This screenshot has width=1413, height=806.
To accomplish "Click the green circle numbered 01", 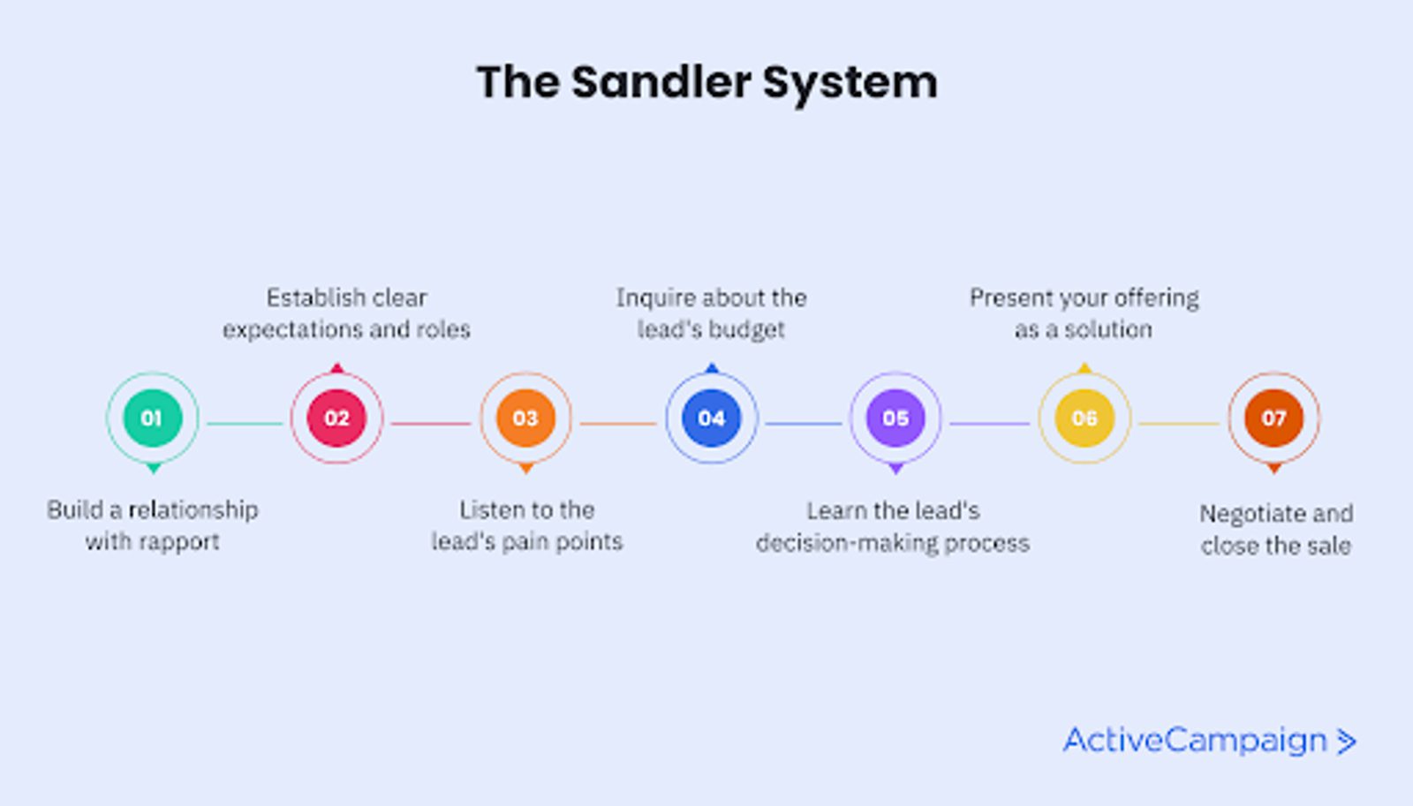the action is click(x=152, y=418).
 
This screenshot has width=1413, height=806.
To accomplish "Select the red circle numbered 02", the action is click(x=336, y=418).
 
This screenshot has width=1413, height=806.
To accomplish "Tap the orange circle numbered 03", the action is click(x=525, y=418).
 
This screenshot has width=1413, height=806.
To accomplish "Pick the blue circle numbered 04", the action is click(x=712, y=418).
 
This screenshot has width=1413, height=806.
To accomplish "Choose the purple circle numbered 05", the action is click(x=895, y=418).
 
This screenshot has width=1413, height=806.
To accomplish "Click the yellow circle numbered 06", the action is click(x=1084, y=418).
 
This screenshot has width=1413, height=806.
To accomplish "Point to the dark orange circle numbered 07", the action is click(x=1273, y=418).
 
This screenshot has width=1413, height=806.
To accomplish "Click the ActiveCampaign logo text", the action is click(x=1196, y=741).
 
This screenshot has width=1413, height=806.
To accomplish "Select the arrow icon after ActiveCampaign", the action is click(x=1346, y=742).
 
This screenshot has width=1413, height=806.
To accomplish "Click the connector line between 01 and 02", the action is click(x=245, y=424).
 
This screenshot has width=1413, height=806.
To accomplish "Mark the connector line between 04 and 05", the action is click(x=804, y=424).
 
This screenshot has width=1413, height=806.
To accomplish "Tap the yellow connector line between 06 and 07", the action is click(x=1179, y=424).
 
